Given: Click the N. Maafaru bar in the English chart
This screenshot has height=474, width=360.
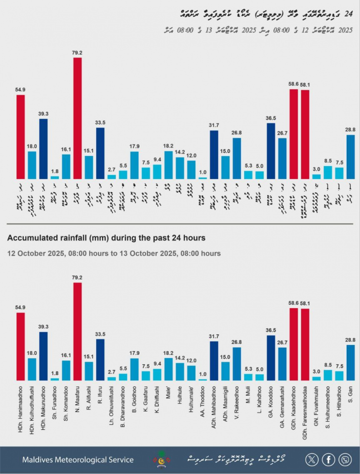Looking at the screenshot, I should (x=77, y=331).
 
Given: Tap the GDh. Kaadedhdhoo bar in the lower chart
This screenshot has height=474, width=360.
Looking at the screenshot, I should (x=294, y=344).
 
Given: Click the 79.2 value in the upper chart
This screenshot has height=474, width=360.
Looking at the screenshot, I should (x=77, y=53).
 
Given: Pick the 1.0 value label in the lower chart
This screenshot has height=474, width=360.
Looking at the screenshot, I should (x=202, y=374).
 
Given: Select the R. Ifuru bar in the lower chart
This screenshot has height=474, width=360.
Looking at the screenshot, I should (x=100, y=359).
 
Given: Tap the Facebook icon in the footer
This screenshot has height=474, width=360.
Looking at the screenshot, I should (x=328, y=459).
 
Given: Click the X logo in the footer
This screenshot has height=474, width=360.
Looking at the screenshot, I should (x=312, y=459).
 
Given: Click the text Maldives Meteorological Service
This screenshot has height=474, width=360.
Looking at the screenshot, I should (x=78, y=460).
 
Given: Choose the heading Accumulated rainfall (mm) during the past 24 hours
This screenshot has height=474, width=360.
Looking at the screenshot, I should (x=106, y=238).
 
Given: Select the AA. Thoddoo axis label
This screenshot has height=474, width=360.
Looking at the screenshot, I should (x=202, y=404).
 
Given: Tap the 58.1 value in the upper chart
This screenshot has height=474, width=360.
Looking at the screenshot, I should (x=305, y=85).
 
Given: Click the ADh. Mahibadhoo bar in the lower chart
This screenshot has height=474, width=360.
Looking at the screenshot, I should (x=214, y=361).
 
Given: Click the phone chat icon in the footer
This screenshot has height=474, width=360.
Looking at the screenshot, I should (x=345, y=459).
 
